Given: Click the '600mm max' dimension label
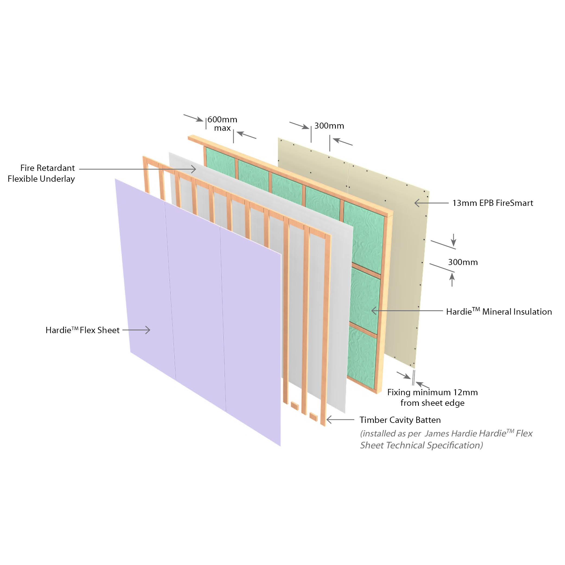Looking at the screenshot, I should [222, 123].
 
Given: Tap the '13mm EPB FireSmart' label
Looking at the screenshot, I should [493, 203].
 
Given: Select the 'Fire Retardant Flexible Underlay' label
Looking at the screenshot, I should [42, 173].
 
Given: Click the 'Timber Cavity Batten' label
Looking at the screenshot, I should [400, 420].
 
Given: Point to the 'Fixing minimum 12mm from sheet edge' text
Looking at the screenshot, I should [432, 397].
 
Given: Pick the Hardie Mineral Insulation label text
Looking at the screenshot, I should [499, 311].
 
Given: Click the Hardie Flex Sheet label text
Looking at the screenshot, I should [82, 330].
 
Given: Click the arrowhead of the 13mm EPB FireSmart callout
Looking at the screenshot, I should [417, 203].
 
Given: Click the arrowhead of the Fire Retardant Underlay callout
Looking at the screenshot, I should [193, 169].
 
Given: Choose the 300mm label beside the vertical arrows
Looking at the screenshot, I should [463, 262].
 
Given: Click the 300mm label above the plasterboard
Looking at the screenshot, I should [329, 126].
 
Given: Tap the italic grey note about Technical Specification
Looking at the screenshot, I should [446, 439].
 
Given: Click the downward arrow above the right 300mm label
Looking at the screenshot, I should [453, 240].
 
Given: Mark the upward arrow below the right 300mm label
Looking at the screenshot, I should [452, 280].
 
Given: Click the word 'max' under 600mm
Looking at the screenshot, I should [222, 128].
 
